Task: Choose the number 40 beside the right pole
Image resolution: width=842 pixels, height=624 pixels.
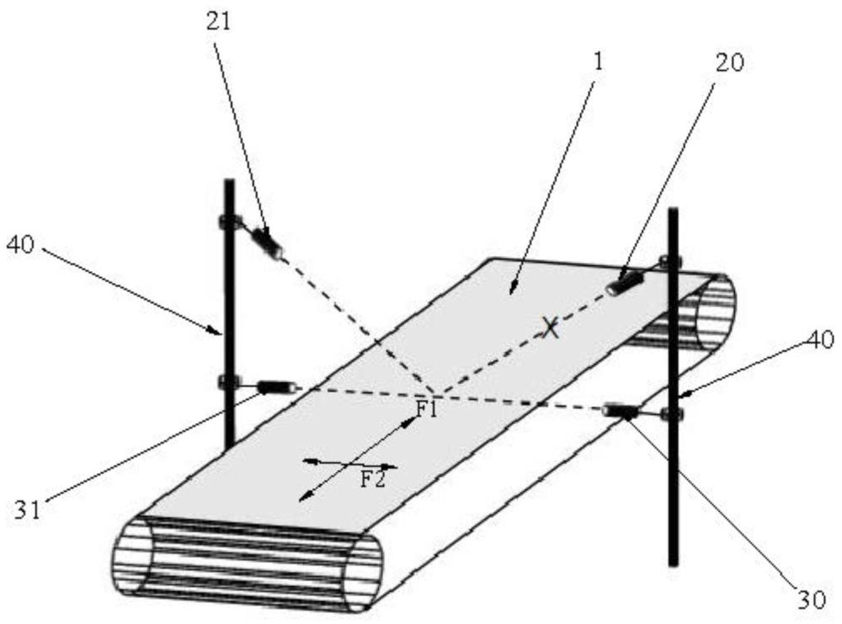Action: (819, 341)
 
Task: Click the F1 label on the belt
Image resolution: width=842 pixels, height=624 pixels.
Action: (427, 409)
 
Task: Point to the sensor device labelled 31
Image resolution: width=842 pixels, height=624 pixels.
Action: (277, 387)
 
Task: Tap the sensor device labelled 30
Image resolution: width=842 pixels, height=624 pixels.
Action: (621, 410)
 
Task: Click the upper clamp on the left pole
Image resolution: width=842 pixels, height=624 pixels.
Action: (228, 222)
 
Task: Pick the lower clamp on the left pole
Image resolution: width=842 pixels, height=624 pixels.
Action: (228, 383)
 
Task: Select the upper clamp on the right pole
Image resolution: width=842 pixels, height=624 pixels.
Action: (670, 262)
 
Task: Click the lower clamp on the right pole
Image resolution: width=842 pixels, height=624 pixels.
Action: (671, 413)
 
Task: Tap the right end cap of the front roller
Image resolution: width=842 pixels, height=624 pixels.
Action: (363, 572)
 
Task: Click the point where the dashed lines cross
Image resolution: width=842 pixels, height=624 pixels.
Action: (434, 392)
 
